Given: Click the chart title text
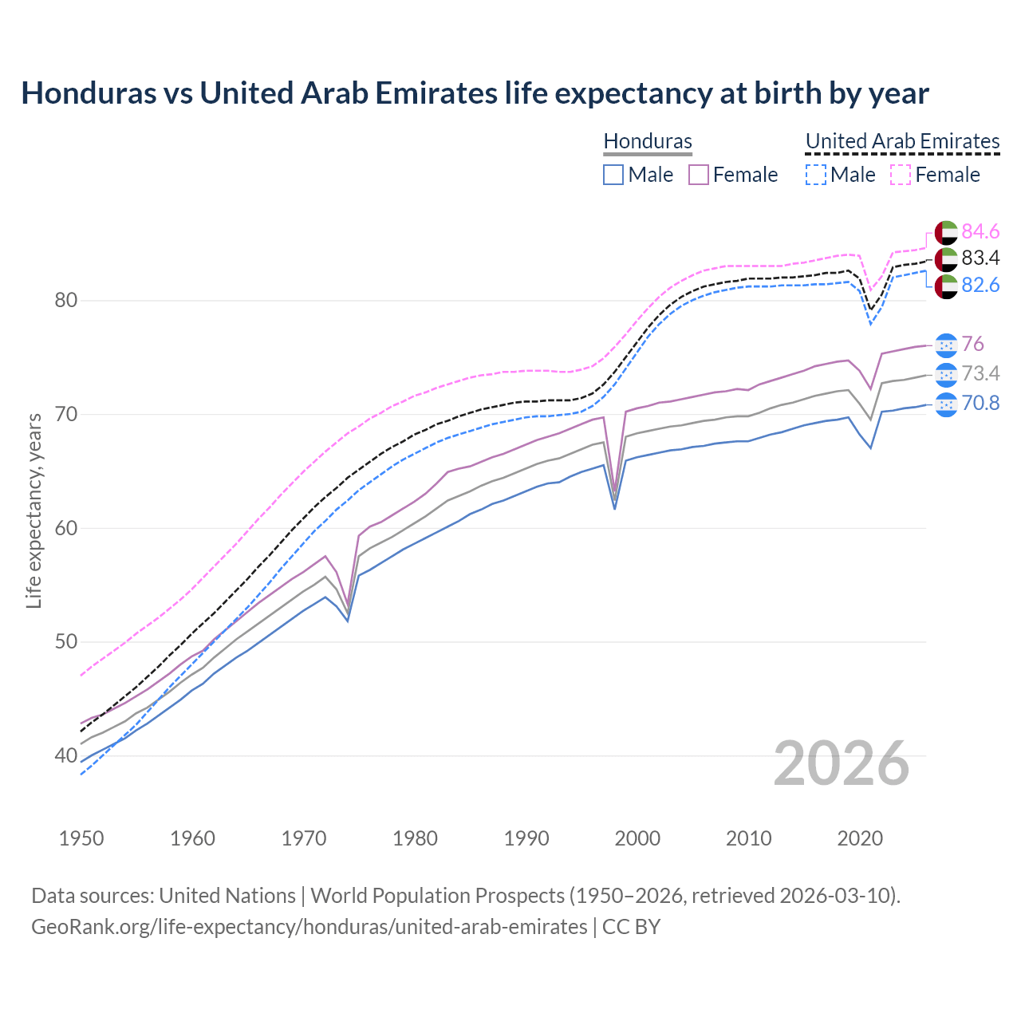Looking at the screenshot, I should click(475, 93).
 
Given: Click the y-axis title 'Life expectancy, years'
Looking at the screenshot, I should click(34, 510).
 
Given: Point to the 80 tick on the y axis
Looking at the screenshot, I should click(66, 301).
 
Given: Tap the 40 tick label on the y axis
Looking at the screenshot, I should click(66, 755).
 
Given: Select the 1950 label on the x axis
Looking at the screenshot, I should click(81, 838).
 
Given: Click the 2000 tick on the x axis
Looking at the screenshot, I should click(638, 838).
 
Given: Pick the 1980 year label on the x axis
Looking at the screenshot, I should click(415, 838).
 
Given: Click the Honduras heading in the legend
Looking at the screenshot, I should click(648, 141).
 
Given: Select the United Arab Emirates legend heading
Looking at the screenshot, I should click(902, 141).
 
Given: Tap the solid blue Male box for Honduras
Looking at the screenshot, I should click(613, 175).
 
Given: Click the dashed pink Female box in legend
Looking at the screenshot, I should click(900, 175).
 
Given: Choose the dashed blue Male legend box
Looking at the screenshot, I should click(815, 175).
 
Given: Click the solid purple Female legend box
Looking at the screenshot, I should click(699, 175).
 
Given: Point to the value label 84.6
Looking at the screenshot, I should click(980, 231).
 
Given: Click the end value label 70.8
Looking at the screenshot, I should click(980, 403).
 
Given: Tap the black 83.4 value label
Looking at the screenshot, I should click(980, 258).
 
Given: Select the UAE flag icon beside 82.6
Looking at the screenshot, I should click(946, 286).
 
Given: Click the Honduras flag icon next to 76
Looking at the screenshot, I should click(946, 344).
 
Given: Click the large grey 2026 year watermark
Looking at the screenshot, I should click(842, 763).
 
